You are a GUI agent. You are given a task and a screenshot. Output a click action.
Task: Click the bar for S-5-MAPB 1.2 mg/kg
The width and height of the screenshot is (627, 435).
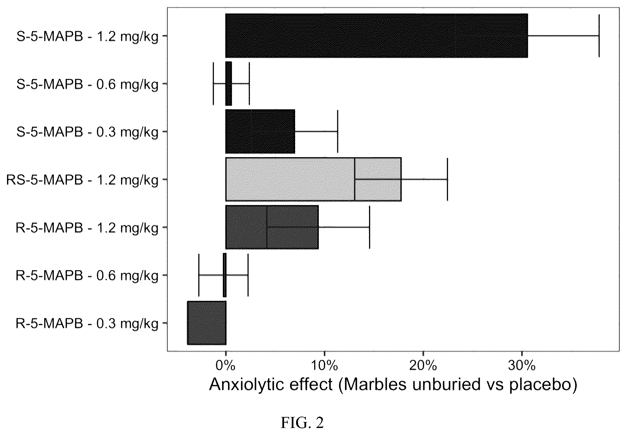pyautogui.click(x=376, y=35)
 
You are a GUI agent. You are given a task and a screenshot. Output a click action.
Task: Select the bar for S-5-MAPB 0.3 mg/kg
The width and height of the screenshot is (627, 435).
pyautogui.click(x=260, y=131)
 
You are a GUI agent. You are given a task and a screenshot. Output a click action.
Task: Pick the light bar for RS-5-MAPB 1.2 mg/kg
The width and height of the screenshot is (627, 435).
pyautogui.click(x=313, y=179)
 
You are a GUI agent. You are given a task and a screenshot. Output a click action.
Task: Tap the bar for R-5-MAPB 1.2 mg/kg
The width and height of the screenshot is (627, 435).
pyautogui.click(x=272, y=227)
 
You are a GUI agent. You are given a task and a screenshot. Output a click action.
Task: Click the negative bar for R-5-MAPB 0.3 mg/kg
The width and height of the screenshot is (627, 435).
pyautogui.click(x=206, y=323)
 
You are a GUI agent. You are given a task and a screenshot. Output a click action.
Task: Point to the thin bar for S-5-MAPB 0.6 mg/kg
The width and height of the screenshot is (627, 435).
pyautogui.click(x=229, y=83)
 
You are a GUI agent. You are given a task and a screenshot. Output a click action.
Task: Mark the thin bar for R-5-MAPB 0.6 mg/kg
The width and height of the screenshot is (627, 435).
pyautogui.click(x=225, y=275)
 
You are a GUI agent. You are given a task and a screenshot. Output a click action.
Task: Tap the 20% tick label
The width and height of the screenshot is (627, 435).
pyautogui.click(x=423, y=366)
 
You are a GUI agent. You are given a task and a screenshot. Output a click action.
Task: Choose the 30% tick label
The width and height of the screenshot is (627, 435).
pyautogui.click(x=522, y=366)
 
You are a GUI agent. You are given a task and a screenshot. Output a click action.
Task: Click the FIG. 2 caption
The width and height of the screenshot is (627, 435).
pyautogui.click(x=302, y=423)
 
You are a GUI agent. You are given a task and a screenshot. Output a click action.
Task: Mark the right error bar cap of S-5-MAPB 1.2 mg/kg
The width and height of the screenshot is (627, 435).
pyautogui.click(x=599, y=35)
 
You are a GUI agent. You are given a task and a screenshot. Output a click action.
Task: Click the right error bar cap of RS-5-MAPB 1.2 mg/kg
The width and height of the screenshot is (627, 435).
pyautogui.click(x=447, y=179)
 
